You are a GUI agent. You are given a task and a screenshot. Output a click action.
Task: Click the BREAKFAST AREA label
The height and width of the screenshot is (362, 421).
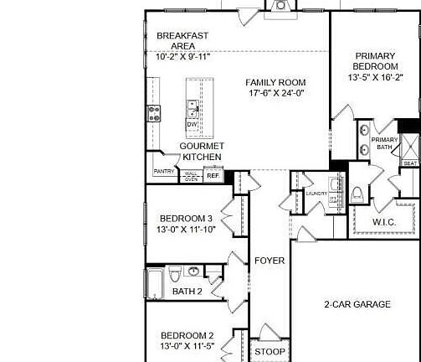(x=182, y=41)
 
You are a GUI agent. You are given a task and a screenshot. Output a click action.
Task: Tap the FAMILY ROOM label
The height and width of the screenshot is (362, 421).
(x=275, y=82)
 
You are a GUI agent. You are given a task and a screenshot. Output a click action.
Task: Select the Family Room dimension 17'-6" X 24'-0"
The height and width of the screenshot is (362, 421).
(x=275, y=94)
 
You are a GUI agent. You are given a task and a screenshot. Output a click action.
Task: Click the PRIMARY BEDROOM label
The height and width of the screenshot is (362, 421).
(x=375, y=61)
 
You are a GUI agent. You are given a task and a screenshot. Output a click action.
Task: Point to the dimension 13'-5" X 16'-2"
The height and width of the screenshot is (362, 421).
(x=375, y=77)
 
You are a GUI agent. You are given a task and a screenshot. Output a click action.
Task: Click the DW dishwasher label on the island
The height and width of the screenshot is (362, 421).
(x=192, y=125)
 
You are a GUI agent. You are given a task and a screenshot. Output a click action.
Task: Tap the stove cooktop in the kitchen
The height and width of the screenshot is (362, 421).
(x=154, y=112)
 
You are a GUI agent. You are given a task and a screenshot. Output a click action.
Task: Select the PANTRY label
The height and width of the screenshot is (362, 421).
(x=164, y=172)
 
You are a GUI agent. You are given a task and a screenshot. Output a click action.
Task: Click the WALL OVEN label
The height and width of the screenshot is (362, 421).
(x=191, y=176)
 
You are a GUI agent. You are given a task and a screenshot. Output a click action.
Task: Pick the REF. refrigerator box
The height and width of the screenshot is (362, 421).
(x=213, y=176)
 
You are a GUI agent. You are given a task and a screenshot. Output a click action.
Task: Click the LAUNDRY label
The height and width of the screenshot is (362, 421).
(x=316, y=194)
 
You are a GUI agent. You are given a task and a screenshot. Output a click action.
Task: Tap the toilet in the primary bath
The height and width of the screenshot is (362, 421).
(x=357, y=194)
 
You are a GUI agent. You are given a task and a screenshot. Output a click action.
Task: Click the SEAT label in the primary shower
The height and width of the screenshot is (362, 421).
(x=410, y=163)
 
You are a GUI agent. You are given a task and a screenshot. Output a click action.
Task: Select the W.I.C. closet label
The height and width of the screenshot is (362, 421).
(x=383, y=221)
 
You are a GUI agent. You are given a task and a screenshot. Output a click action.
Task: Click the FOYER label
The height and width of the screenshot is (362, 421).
(x=270, y=261)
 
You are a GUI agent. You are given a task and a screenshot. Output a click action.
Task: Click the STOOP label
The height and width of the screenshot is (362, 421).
(x=270, y=351)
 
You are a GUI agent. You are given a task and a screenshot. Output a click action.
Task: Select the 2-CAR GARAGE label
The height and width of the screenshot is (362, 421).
(x=357, y=304)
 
